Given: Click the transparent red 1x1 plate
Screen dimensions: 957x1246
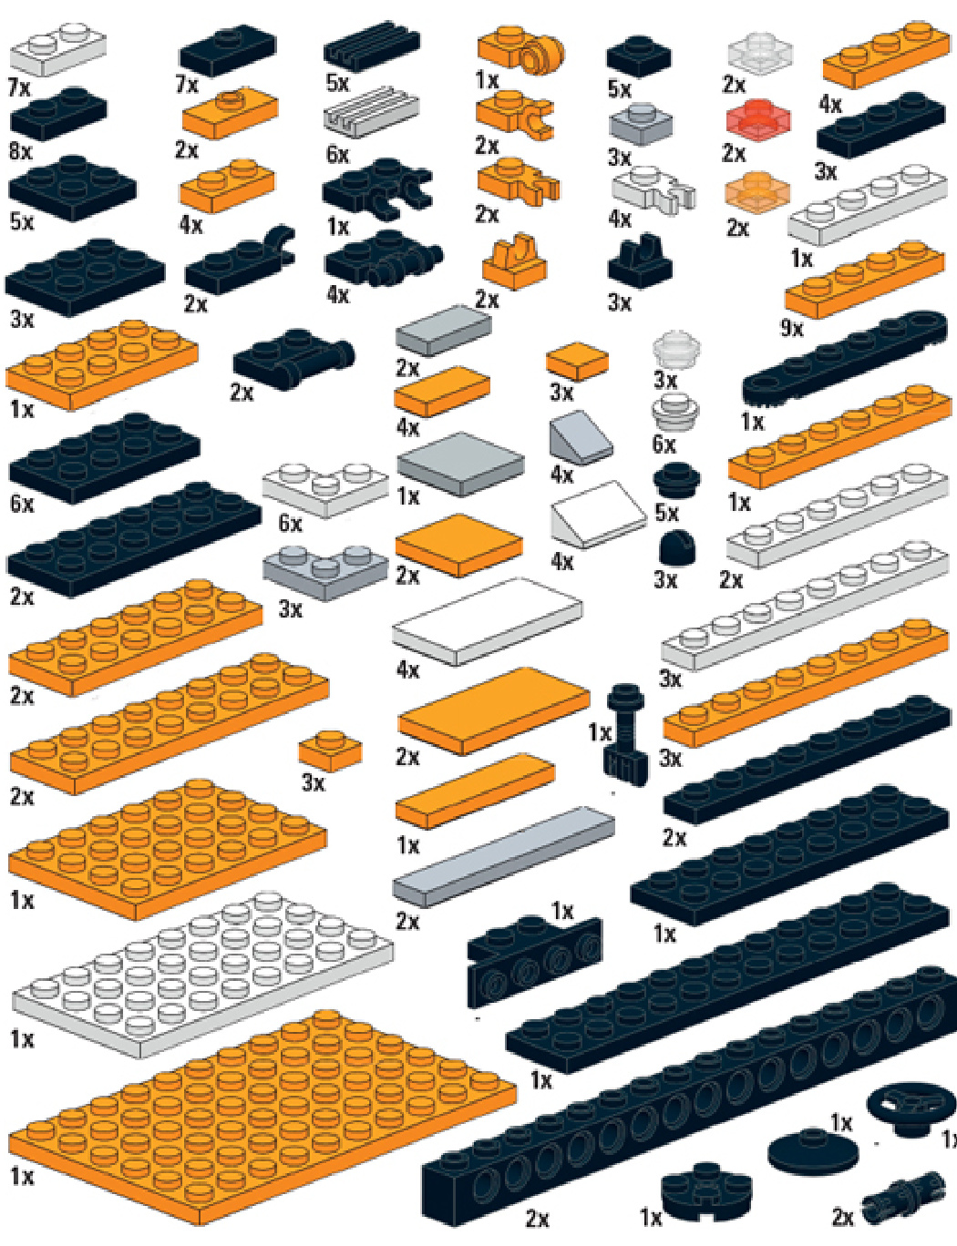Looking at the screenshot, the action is [758, 118].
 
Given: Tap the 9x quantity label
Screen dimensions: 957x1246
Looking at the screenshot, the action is [792, 329].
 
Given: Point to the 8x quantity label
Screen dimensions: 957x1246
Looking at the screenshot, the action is [20, 151].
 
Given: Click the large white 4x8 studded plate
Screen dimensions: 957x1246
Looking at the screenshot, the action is [202, 973].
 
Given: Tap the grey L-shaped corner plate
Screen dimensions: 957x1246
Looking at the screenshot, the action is [325, 571].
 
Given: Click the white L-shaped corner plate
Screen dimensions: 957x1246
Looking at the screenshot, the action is [325, 489].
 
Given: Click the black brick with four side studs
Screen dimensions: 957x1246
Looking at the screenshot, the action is [534, 961].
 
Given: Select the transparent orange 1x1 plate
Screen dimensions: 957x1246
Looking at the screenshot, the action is [757, 190].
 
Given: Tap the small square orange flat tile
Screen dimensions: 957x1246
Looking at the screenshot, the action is [577, 363].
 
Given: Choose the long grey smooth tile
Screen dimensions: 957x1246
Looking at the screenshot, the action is [503, 856].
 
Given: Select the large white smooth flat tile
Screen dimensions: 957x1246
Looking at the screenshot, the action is [487, 621].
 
